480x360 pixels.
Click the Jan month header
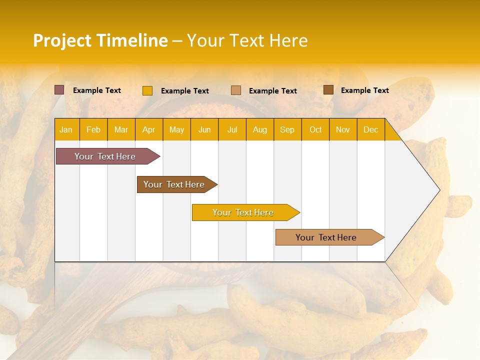click(x=66, y=130)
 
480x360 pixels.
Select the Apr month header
click(x=148, y=130)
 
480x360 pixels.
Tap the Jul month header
click(x=232, y=130)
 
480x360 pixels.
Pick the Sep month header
click(x=287, y=130)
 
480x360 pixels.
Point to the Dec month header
click(x=370, y=130)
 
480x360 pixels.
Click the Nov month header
click(x=342, y=130)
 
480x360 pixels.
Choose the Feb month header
click(x=93, y=130)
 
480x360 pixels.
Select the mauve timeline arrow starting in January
click(x=105, y=156)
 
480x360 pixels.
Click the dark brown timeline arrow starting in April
click(x=174, y=184)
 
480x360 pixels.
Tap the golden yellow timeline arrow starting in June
click(x=243, y=212)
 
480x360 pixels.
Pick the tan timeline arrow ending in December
click(x=326, y=237)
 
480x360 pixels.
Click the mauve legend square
click(x=59, y=90)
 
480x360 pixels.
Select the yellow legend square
click(x=147, y=90)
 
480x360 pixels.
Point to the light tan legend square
click(x=236, y=90)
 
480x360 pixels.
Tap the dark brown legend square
click(x=328, y=90)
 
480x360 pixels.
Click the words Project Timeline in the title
click(x=100, y=40)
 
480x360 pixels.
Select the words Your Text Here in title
click(x=247, y=40)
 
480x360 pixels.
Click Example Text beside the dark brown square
click(x=364, y=90)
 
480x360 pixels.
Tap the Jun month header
click(x=204, y=130)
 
